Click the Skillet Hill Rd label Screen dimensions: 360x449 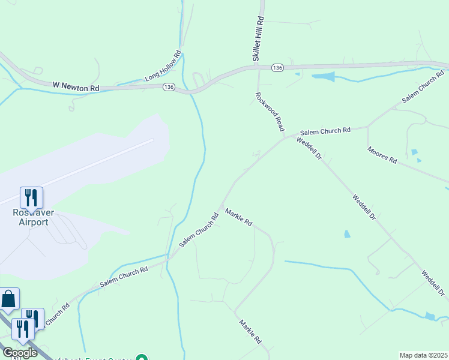259,38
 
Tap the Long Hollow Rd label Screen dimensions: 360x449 163,66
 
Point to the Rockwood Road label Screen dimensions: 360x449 270,112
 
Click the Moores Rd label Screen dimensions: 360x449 382,155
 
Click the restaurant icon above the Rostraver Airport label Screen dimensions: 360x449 31,197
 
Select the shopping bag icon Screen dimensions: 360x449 9,298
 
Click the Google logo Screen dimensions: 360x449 20,353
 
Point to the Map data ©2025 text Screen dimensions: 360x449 423,355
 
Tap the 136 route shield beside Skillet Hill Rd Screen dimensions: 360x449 277,68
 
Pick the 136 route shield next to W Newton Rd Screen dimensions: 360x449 168,88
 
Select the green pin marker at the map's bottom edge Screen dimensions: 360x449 142,358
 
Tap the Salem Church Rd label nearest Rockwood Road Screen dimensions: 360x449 325,131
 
